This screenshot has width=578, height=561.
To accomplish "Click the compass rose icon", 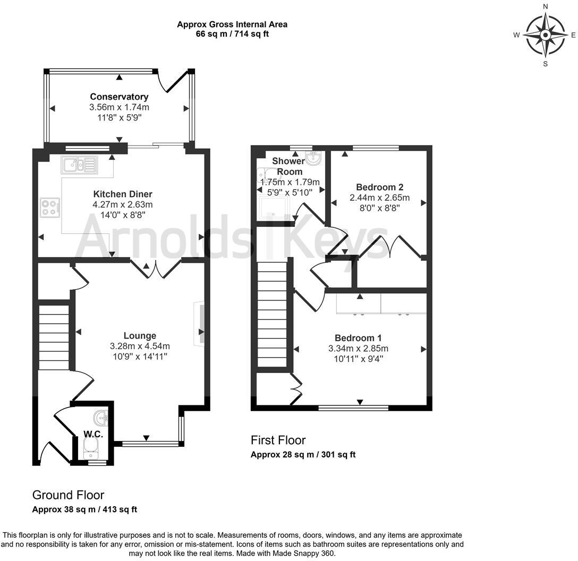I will [545, 35].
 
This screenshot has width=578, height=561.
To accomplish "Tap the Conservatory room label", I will [119, 97].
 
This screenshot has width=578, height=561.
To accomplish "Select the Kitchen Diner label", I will [123, 193].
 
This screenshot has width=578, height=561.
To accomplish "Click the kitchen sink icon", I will [79, 165].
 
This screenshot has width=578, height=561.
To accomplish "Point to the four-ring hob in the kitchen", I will [50, 207].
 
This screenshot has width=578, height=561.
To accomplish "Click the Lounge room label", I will [140, 336].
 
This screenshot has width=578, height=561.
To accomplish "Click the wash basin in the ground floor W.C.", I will [101, 416].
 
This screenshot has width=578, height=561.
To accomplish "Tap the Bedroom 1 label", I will [358, 338].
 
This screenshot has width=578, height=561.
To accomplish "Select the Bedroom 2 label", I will [379, 187].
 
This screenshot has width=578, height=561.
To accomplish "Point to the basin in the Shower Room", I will [313, 157].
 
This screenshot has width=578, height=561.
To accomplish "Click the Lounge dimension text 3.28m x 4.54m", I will [140, 346].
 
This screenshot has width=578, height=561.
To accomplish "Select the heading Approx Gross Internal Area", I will [232, 24].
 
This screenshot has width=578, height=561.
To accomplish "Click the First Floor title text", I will [278, 440].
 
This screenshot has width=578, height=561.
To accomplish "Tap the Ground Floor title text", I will [68, 495].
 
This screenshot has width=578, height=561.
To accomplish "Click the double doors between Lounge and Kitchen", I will [156, 269].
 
